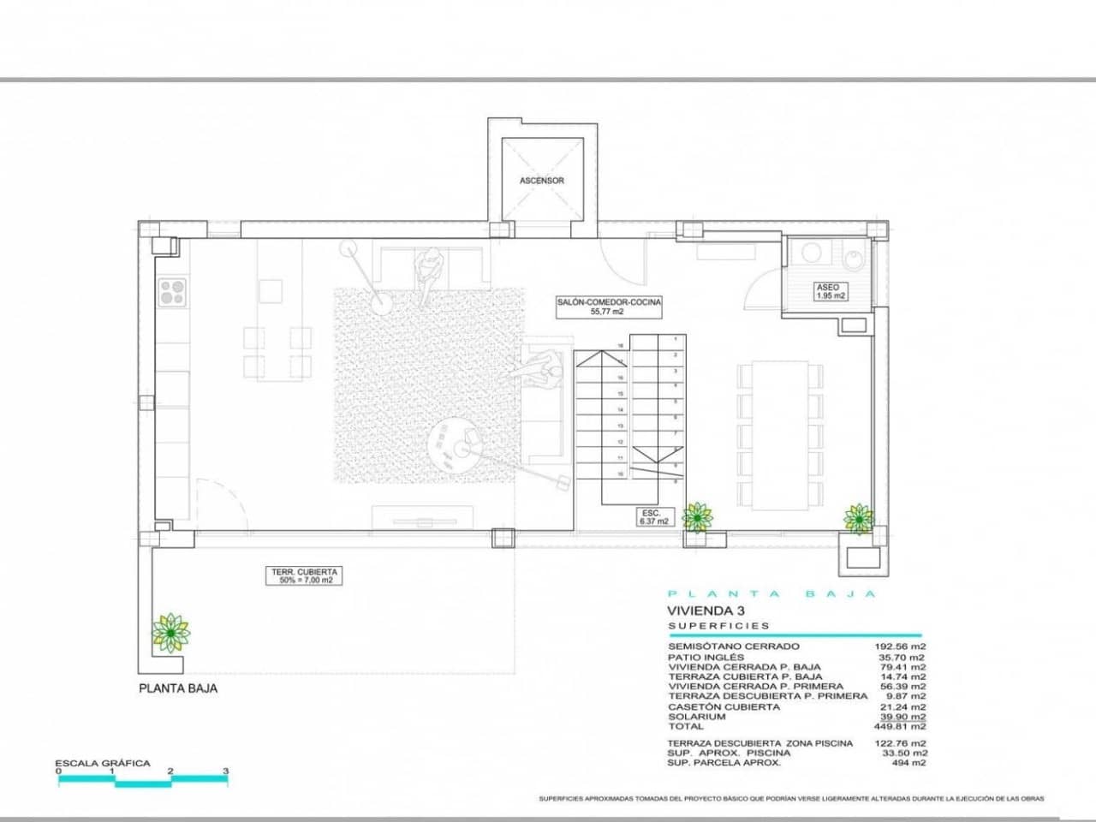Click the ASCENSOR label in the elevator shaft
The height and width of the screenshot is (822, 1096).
tap(542, 181)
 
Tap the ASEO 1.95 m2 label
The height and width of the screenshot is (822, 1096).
tap(828, 291)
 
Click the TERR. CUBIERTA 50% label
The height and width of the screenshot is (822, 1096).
tap(306, 575)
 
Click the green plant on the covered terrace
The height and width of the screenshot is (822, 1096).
tap(170, 633)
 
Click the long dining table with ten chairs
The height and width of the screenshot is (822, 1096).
tap(779, 434)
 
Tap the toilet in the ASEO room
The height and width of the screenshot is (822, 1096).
tap(855, 258)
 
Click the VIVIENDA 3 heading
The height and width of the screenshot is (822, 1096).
tap(701, 611)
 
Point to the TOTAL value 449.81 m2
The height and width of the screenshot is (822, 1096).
tap(906, 726)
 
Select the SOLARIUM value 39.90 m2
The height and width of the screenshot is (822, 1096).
tap(906, 717)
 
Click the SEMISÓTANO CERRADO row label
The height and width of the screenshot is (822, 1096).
tap(734, 646)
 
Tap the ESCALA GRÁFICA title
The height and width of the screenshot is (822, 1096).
tap(102, 763)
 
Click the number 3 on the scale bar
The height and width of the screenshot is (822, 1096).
tap(226, 771)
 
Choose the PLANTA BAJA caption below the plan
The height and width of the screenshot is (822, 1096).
tap(178, 688)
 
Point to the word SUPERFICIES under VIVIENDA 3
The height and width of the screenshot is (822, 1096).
tap(719, 626)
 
